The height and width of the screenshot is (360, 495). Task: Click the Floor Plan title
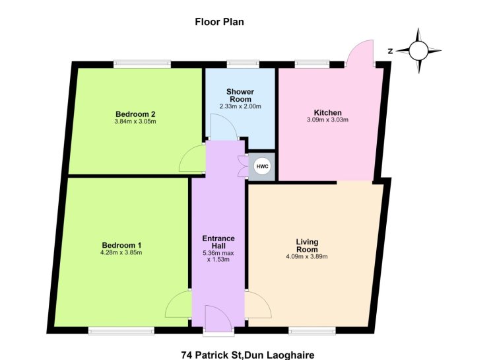pos(219,22)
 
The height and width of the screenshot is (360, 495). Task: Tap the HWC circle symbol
pos(262,166)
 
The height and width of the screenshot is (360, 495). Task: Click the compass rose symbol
pos(418,51)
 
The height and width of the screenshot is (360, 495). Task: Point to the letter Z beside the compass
pos(390,51)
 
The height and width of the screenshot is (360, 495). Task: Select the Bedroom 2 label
pos(135,114)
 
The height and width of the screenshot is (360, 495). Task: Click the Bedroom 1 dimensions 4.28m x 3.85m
pos(121,252)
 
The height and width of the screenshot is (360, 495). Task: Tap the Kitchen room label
pos(327,112)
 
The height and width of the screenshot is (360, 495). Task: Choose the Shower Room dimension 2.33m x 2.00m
pos(240,106)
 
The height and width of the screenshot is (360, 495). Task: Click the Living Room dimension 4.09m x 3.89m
pos(307,256)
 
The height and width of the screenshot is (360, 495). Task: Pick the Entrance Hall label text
pos(218,242)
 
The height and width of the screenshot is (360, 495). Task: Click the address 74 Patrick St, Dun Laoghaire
pos(247,355)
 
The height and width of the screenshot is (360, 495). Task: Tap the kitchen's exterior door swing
pos(360,53)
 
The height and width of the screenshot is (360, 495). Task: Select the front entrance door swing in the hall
pos(218,318)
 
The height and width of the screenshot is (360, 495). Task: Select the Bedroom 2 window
pos(143,65)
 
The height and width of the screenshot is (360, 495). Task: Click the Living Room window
pos(312,331)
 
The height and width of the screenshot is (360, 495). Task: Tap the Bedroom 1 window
pos(121,331)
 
